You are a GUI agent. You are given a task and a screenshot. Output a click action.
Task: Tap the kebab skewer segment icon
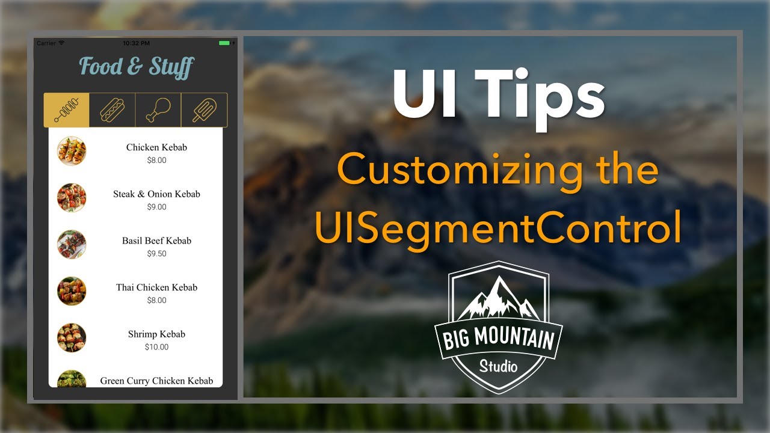tap(66, 110)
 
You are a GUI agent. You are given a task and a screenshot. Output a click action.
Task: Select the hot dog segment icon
tap(112, 110)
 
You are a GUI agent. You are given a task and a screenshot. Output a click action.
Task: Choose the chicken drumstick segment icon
tap(158, 110)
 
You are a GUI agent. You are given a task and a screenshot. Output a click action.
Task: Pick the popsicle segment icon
tap(204, 110)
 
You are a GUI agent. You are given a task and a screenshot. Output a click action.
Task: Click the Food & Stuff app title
tap(137, 67)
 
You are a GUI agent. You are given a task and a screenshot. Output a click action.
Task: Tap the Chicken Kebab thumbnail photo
tap(72, 151)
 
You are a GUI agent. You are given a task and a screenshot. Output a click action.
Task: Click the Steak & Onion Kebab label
tap(156, 194)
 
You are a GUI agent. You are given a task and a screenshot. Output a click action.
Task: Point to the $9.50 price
tap(156, 254)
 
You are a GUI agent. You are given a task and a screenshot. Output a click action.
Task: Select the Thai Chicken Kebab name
tap(156, 287)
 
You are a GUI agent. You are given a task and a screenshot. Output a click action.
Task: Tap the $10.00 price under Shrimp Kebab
tap(156, 347)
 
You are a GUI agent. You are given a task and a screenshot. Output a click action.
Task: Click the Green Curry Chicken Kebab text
tap(156, 381)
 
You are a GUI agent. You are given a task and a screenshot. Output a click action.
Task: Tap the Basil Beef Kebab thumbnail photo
tap(72, 244)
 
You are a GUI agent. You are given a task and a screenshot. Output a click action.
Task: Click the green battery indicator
tap(224, 43)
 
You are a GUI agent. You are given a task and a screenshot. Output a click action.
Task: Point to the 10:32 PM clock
tap(136, 43)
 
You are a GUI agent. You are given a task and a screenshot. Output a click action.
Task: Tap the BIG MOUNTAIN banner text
tap(498, 339)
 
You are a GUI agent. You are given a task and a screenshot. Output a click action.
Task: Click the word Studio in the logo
tap(498, 366)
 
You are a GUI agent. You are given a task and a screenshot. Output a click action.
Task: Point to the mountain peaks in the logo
tap(498, 298)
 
